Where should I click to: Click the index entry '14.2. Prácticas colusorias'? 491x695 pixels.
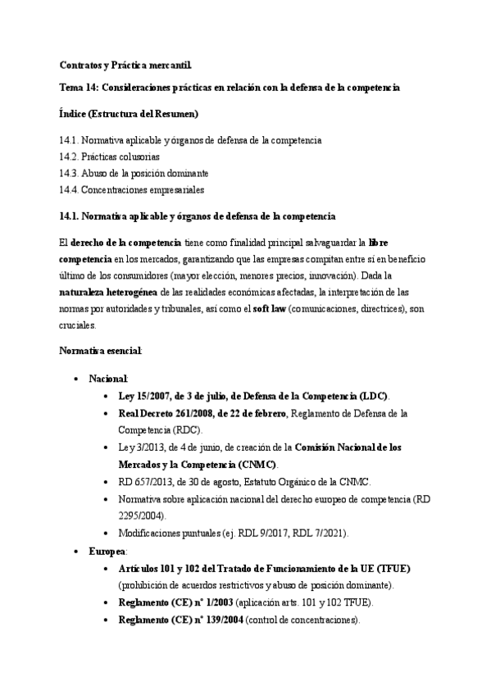coord(109,156)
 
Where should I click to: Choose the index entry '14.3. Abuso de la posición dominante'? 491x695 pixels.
coord(134,173)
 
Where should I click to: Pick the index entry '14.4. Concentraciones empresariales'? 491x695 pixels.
coord(131,189)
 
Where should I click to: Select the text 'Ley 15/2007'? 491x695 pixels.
coord(147,395)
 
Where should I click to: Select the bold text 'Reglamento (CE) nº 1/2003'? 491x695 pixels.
coord(170,602)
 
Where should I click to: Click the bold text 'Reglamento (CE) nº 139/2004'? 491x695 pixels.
coord(175,620)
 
